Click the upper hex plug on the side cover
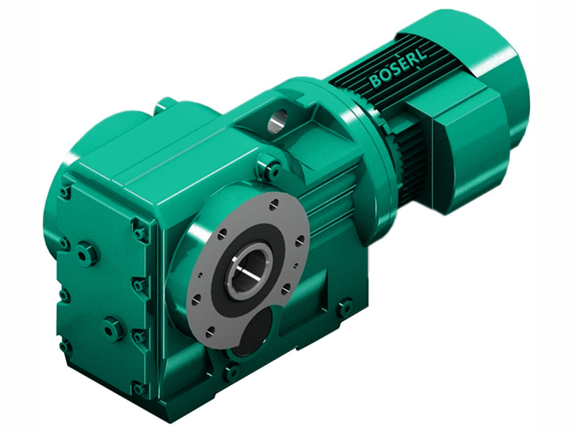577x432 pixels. (87, 253)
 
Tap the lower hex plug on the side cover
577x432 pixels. (113, 329)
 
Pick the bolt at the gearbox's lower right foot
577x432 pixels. (345, 308)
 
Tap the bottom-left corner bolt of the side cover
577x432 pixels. (66, 346)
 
